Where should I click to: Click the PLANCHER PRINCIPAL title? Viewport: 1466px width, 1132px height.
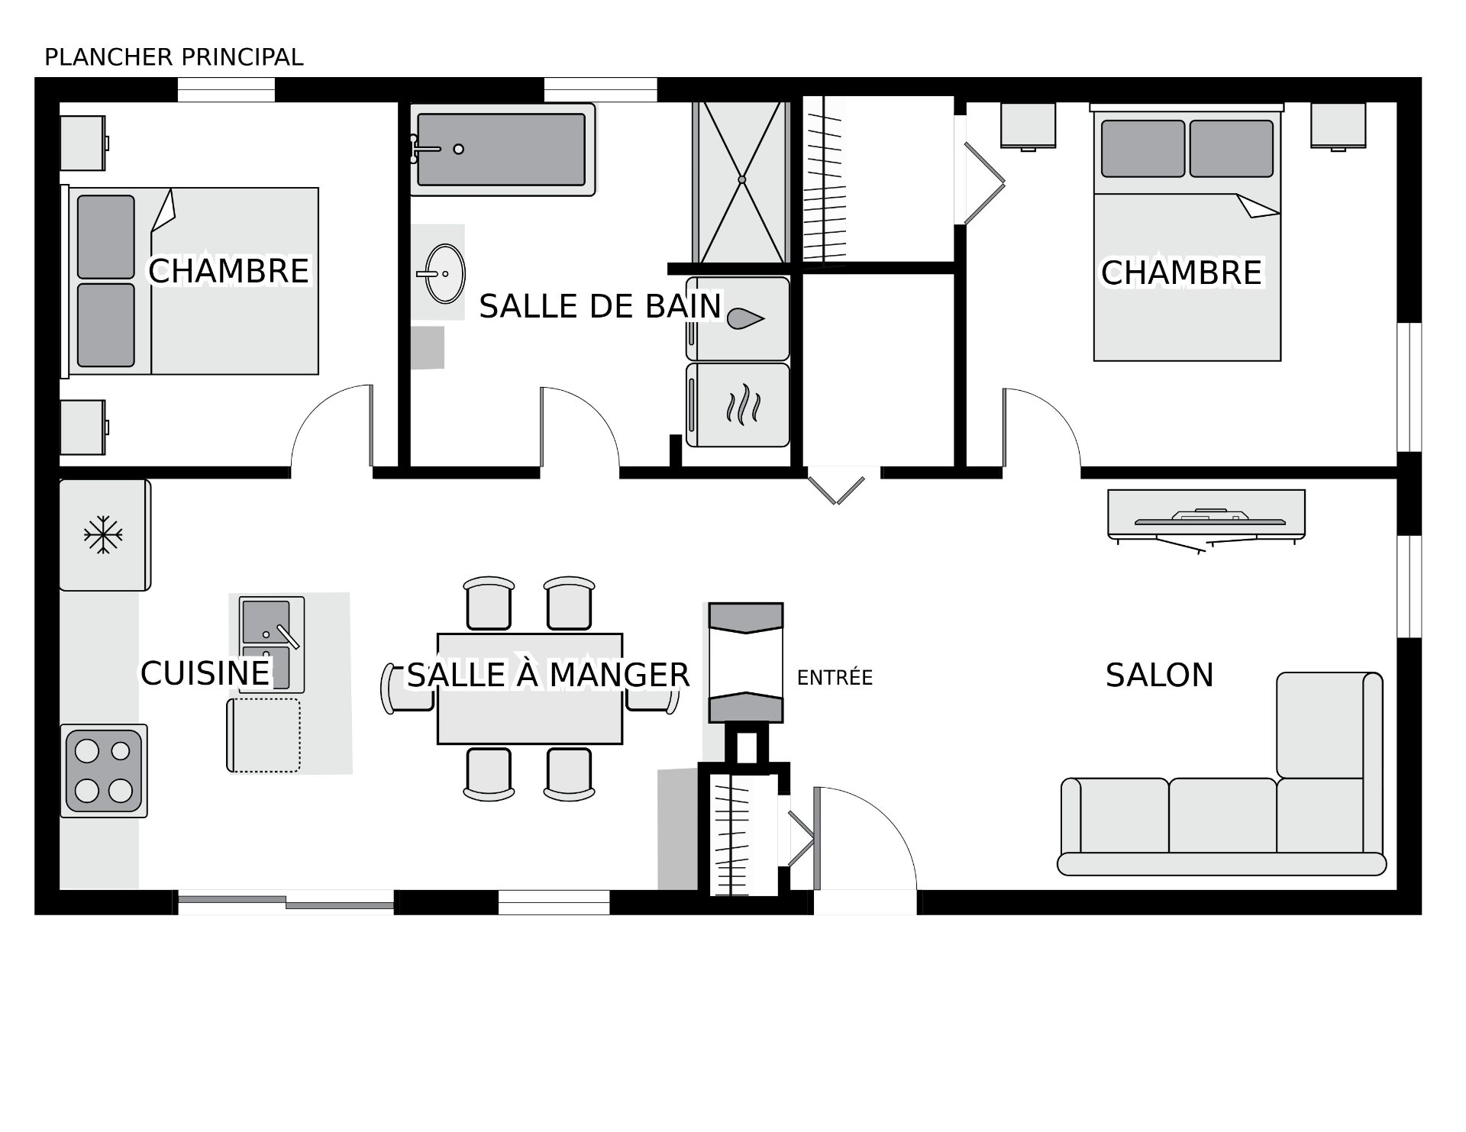click(174, 57)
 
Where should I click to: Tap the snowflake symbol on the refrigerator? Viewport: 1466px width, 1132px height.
click(103, 534)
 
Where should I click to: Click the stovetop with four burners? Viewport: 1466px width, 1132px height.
click(104, 771)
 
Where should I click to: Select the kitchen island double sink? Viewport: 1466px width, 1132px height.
click(271, 644)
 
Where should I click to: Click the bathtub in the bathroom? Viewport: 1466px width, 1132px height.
click(502, 150)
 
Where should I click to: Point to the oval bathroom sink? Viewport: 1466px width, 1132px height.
click(444, 273)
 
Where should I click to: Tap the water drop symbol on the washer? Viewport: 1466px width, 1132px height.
click(746, 319)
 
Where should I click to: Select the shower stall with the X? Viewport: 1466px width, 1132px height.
click(741, 181)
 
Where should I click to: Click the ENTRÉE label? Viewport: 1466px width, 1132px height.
click(835, 678)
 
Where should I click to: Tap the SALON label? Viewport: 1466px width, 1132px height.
click(1159, 676)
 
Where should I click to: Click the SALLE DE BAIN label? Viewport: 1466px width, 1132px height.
click(600, 307)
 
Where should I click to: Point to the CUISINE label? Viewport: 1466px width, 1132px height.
click(205, 673)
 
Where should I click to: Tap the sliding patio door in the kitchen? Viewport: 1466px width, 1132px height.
click(286, 902)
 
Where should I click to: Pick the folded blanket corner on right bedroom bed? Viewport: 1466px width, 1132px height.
click(1257, 205)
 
